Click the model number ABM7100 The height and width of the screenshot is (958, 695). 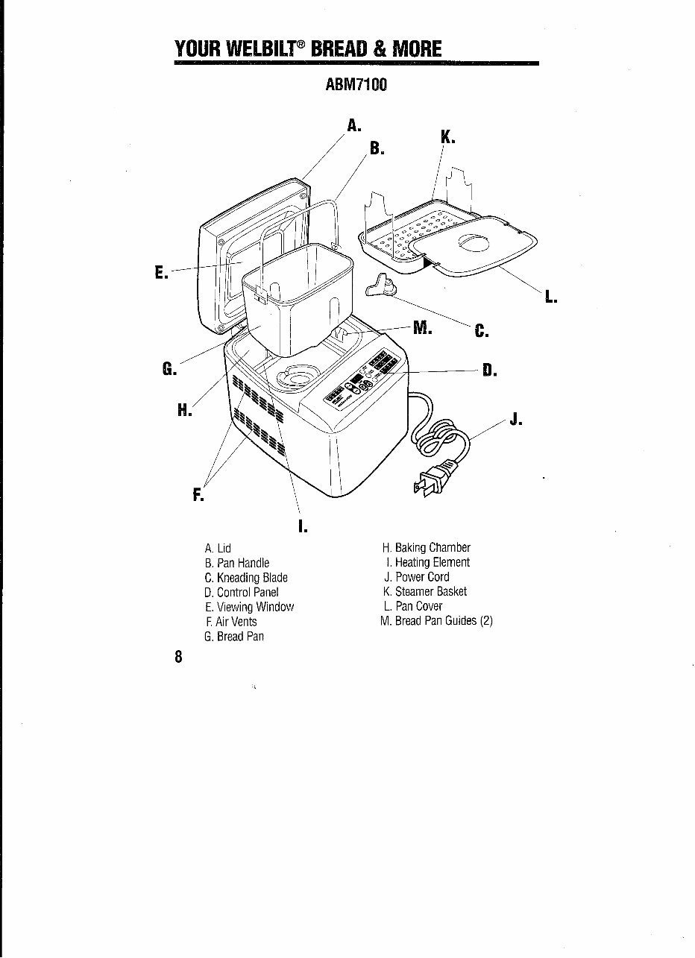(356, 84)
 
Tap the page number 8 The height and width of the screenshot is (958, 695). (178, 657)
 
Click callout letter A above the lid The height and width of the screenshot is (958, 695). (353, 125)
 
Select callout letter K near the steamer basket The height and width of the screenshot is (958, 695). (447, 137)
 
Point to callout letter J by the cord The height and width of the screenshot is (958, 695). (514, 418)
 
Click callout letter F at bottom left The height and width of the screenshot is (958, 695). (198, 493)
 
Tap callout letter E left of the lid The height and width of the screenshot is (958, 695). (160, 273)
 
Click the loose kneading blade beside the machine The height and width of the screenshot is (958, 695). (382, 286)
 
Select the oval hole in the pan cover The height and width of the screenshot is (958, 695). (471, 245)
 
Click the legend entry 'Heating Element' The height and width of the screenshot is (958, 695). (426, 562)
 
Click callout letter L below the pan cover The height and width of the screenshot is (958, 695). (550, 297)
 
